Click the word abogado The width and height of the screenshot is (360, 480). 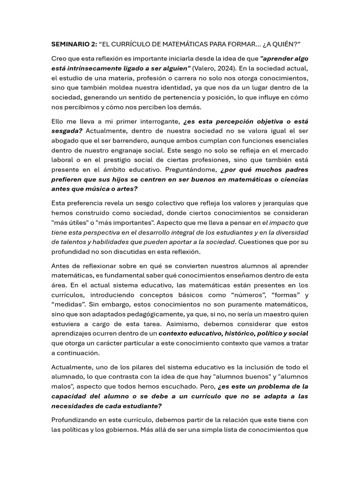click(x=66, y=141)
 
